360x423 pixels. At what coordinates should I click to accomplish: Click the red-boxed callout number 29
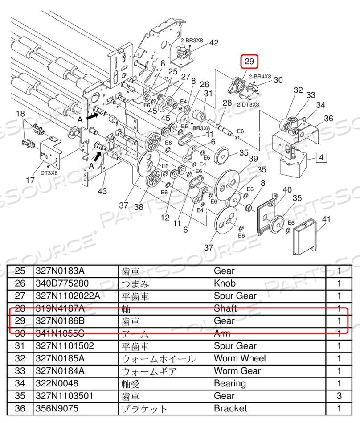pyautogui.click(x=249, y=62)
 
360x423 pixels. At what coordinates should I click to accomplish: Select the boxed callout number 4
pyautogui.click(x=322, y=157)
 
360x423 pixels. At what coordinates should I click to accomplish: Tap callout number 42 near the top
pyautogui.click(x=214, y=43)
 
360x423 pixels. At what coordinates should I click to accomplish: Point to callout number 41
pyautogui.click(x=327, y=219)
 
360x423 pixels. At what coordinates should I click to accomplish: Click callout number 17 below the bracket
pyautogui.click(x=30, y=181)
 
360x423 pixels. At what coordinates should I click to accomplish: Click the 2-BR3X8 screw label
pyautogui.click(x=192, y=40)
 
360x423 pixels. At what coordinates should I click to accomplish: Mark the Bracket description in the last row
pyautogui.click(x=230, y=408)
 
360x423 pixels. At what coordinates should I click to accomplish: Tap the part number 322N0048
pyautogui.click(x=56, y=383)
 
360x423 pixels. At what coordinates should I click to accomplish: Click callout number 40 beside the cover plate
pyautogui.click(x=287, y=189)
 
